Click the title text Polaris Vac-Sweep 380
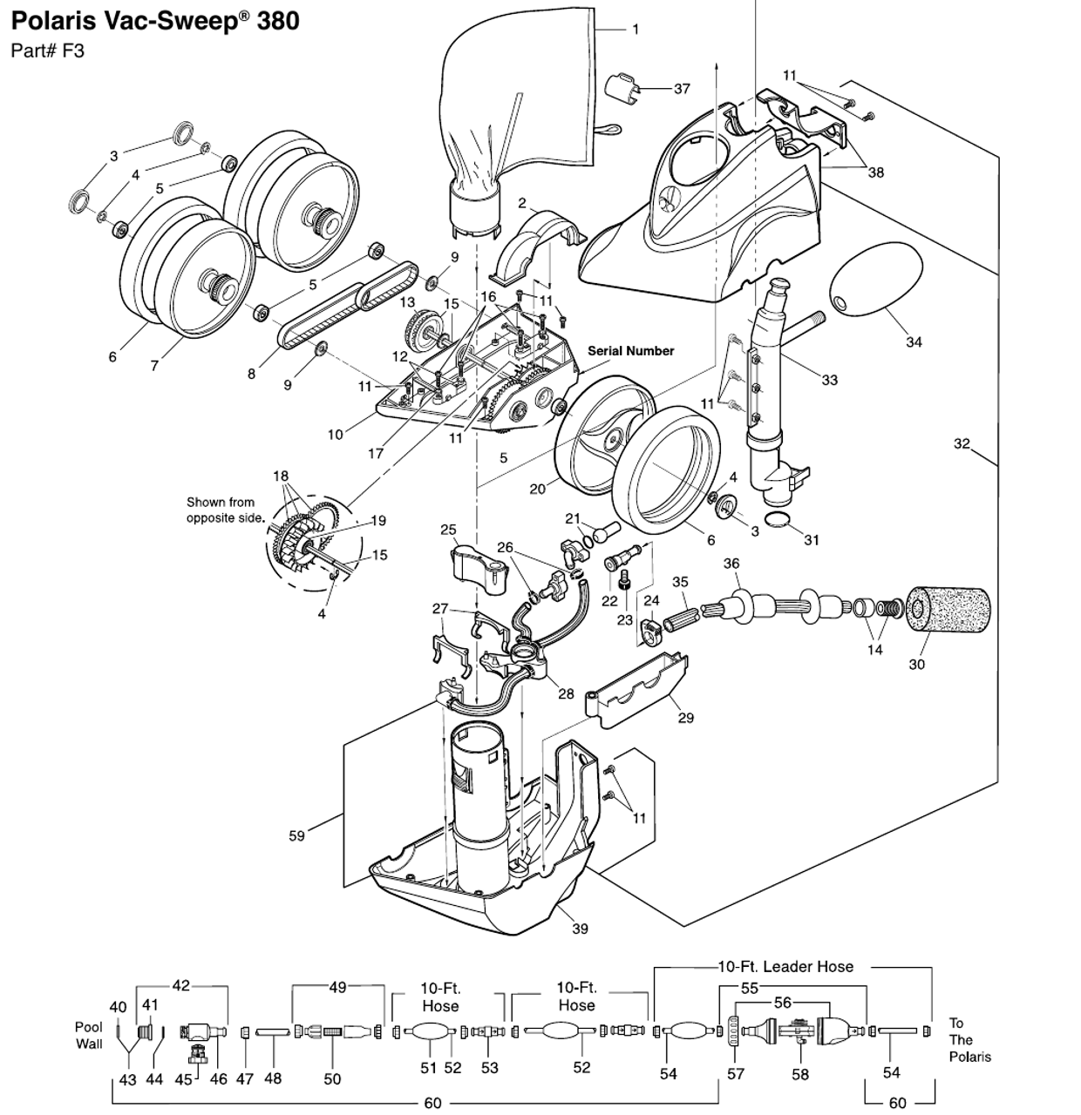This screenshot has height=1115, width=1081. (155, 20)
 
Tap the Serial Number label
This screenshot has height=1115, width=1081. (630, 351)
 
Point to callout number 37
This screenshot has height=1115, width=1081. (682, 88)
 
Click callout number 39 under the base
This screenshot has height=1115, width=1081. (580, 929)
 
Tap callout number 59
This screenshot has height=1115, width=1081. (296, 835)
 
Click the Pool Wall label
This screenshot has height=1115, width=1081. (89, 1035)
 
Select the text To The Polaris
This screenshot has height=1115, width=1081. (969, 1039)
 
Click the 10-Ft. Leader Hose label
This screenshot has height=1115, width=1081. (785, 966)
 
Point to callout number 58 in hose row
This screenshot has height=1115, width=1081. (799, 1075)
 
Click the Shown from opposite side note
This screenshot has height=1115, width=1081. (224, 510)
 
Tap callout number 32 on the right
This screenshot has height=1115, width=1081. (961, 443)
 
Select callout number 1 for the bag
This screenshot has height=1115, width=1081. (636, 30)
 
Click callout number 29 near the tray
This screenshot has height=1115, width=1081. (685, 717)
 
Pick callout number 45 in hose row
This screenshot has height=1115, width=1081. (183, 1079)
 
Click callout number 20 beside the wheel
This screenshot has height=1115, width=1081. (537, 489)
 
